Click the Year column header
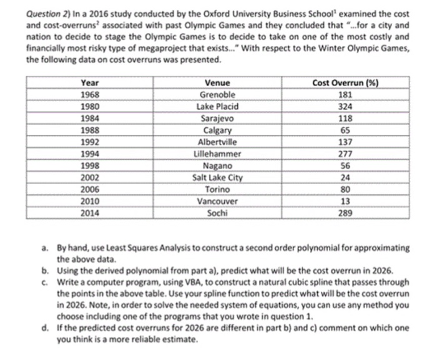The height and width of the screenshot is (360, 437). (90, 84)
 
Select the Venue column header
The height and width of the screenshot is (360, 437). (217, 84)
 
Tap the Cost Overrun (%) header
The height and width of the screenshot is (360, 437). (348, 84)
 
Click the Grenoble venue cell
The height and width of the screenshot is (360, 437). (217, 95)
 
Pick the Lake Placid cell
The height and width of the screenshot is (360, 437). (217, 106)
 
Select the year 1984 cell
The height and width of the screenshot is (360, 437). (90, 117)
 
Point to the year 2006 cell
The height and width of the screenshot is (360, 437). (90, 189)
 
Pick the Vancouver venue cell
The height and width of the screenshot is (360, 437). (217, 201)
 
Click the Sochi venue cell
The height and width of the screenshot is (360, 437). (217, 212)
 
